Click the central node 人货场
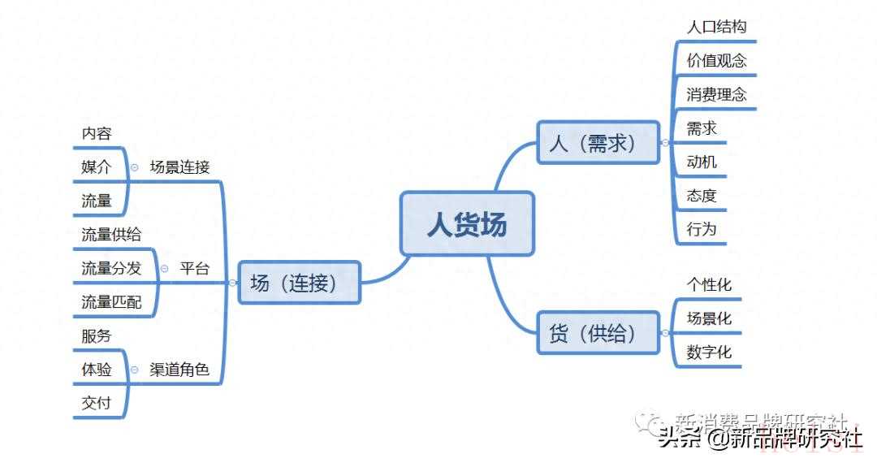click(x=467, y=223)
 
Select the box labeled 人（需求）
click(x=598, y=143)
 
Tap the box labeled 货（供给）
click(x=598, y=332)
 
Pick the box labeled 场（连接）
click(x=299, y=283)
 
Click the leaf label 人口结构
click(x=716, y=26)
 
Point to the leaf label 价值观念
click(x=716, y=60)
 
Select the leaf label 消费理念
click(x=716, y=94)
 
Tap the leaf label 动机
click(x=702, y=162)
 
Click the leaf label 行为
click(x=702, y=229)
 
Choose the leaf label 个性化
click(x=709, y=284)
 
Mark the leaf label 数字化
click(x=709, y=352)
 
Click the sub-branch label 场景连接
click(x=179, y=167)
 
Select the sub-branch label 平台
click(x=194, y=269)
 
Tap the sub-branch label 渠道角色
click(x=179, y=370)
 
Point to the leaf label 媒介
click(x=97, y=167)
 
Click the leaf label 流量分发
click(x=111, y=269)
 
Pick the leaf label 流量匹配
click(x=111, y=302)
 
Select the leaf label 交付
click(x=97, y=403)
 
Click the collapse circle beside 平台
click(x=164, y=269)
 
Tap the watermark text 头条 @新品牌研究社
click(x=759, y=439)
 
